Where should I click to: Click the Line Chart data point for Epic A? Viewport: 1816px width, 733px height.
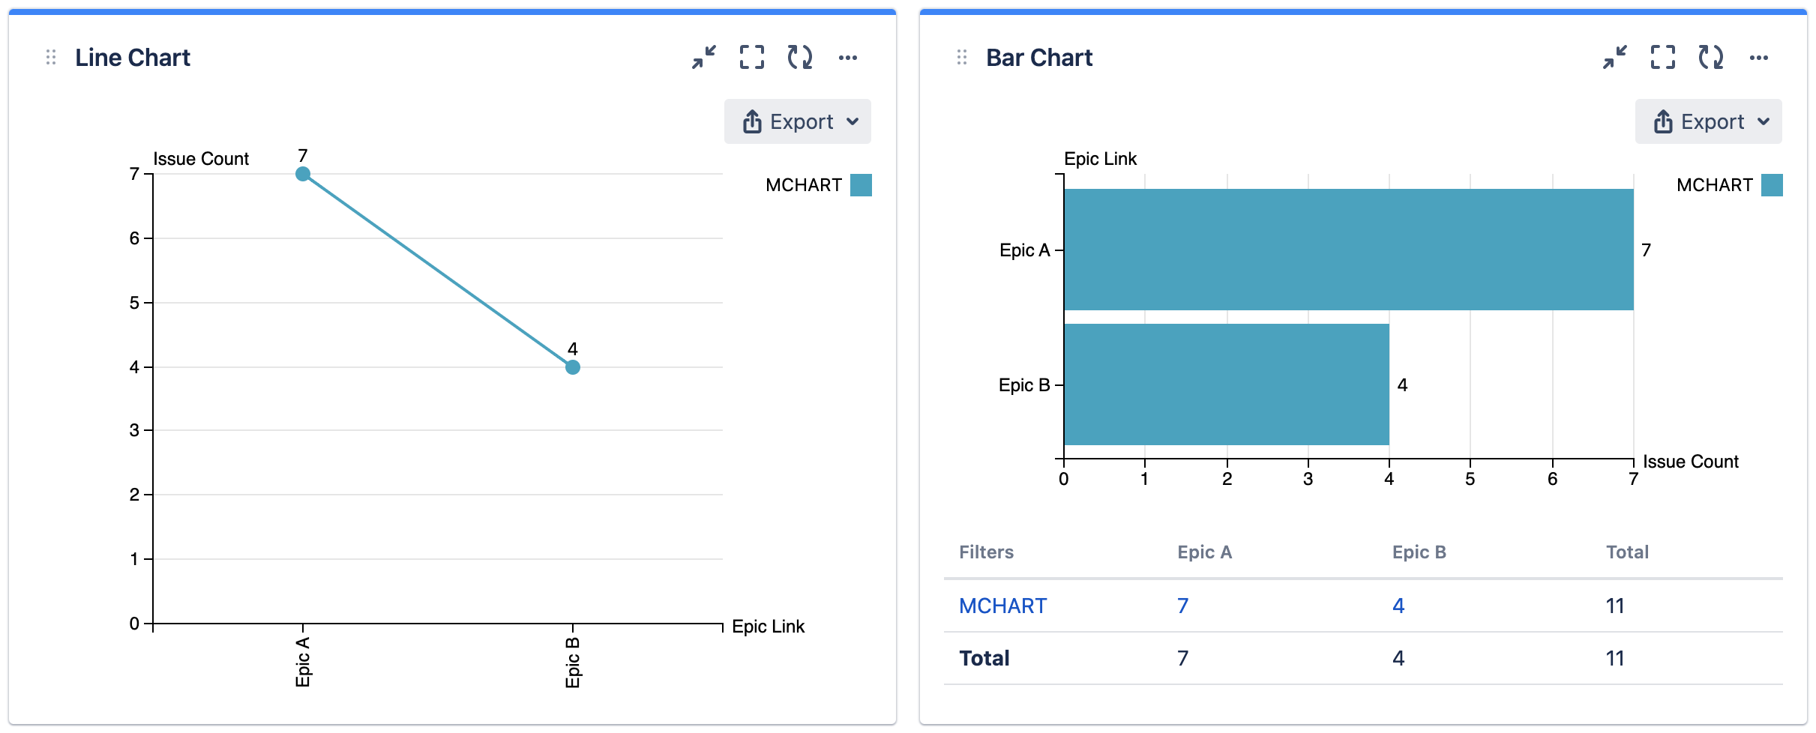pyautogui.click(x=303, y=174)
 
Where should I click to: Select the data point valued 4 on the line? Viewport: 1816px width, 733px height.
pyautogui.click(x=573, y=367)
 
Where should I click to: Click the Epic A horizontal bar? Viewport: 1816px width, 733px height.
pyautogui.click(x=1348, y=250)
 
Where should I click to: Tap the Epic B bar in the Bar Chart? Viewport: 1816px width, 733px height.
pyautogui.click(x=1226, y=384)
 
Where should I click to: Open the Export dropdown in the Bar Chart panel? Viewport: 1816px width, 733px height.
pyautogui.click(x=1708, y=121)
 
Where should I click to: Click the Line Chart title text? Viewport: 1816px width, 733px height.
pyautogui.click(x=133, y=58)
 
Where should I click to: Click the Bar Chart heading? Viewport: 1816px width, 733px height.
pyautogui.click(x=1038, y=58)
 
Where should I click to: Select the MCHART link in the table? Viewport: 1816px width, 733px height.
pyautogui.click(x=1002, y=606)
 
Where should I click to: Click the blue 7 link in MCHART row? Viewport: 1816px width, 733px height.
pyautogui.click(x=1182, y=606)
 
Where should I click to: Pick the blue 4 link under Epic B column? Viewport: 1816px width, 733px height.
pyautogui.click(x=1398, y=606)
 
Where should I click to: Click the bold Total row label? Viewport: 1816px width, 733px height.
pyautogui.click(x=984, y=658)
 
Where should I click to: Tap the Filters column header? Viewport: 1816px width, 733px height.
pyautogui.click(x=986, y=552)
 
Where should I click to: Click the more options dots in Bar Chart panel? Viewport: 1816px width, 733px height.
pyautogui.click(x=1759, y=58)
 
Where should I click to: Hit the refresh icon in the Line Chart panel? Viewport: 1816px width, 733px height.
pyautogui.click(x=800, y=58)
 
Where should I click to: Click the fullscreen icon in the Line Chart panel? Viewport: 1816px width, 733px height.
pyautogui.click(x=752, y=58)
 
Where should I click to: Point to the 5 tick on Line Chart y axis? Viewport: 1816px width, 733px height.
pyautogui.click(x=135, y=303)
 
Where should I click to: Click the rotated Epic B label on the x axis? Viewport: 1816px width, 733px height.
pyautogui.click(x=573, y=662)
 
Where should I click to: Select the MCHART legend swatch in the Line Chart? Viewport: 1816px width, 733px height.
pyautogui.click(x=861, y=185)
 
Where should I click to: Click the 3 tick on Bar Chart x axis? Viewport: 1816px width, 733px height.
pyautogui.click(x=1308, y=479)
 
